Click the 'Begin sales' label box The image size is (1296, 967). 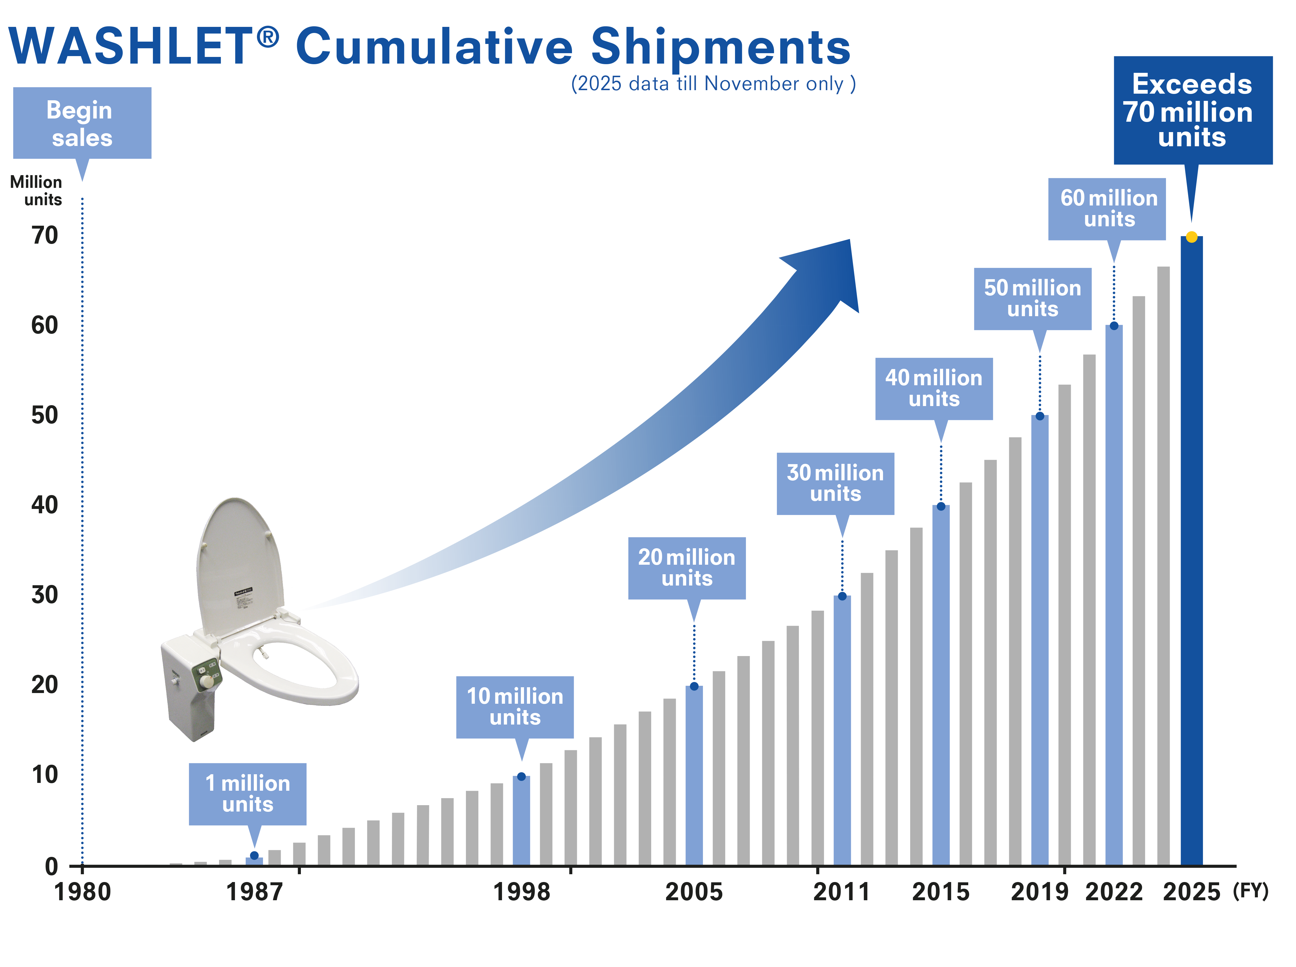point(82,123)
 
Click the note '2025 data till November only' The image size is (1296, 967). point(713,84)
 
